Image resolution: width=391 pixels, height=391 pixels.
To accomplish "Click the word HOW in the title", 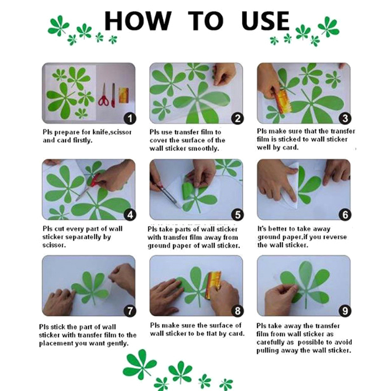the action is click(138, 21).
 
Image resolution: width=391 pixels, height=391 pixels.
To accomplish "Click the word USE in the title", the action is click(265, 21).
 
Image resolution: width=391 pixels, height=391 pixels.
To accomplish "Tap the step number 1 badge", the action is click(130, 118).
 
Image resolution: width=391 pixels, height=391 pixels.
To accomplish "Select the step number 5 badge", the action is click(238, 215).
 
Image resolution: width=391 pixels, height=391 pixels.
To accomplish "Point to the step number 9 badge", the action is click(345, 311).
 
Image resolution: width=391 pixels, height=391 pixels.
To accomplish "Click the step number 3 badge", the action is click(345, 118).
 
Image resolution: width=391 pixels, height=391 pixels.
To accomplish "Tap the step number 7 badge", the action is click(130, 311).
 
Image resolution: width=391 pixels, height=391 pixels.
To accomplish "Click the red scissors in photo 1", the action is click(104, 95).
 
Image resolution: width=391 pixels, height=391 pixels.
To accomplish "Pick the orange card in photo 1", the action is click(124, 95).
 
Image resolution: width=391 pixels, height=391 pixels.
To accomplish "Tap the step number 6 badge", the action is click(345, 215).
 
